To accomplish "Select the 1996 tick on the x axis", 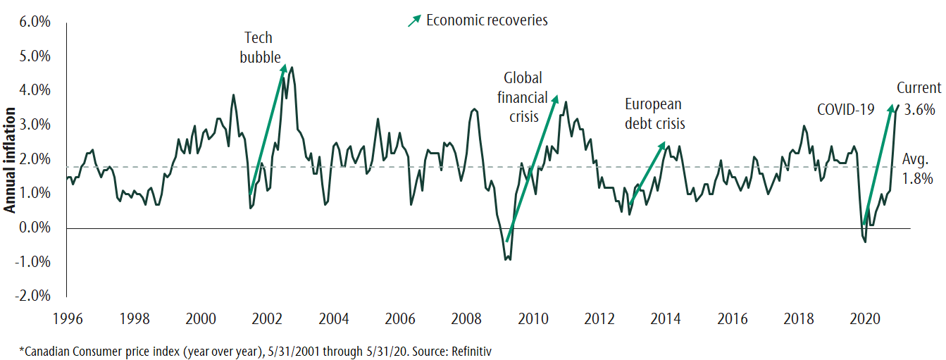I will pos(67,318).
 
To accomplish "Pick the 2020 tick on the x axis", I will pos(864,318).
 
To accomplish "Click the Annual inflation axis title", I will pos(10,159).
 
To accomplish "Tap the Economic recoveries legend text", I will pos(487,20).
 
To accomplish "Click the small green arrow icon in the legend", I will pos(413,20).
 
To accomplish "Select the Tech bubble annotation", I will pos(259,47).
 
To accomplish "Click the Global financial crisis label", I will pos(523,97).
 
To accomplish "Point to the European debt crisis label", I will pos(654,113).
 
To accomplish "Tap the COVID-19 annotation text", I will pos(845,109).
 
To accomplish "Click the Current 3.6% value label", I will pos(918,99).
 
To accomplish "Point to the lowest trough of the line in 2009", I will pos(506,259).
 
